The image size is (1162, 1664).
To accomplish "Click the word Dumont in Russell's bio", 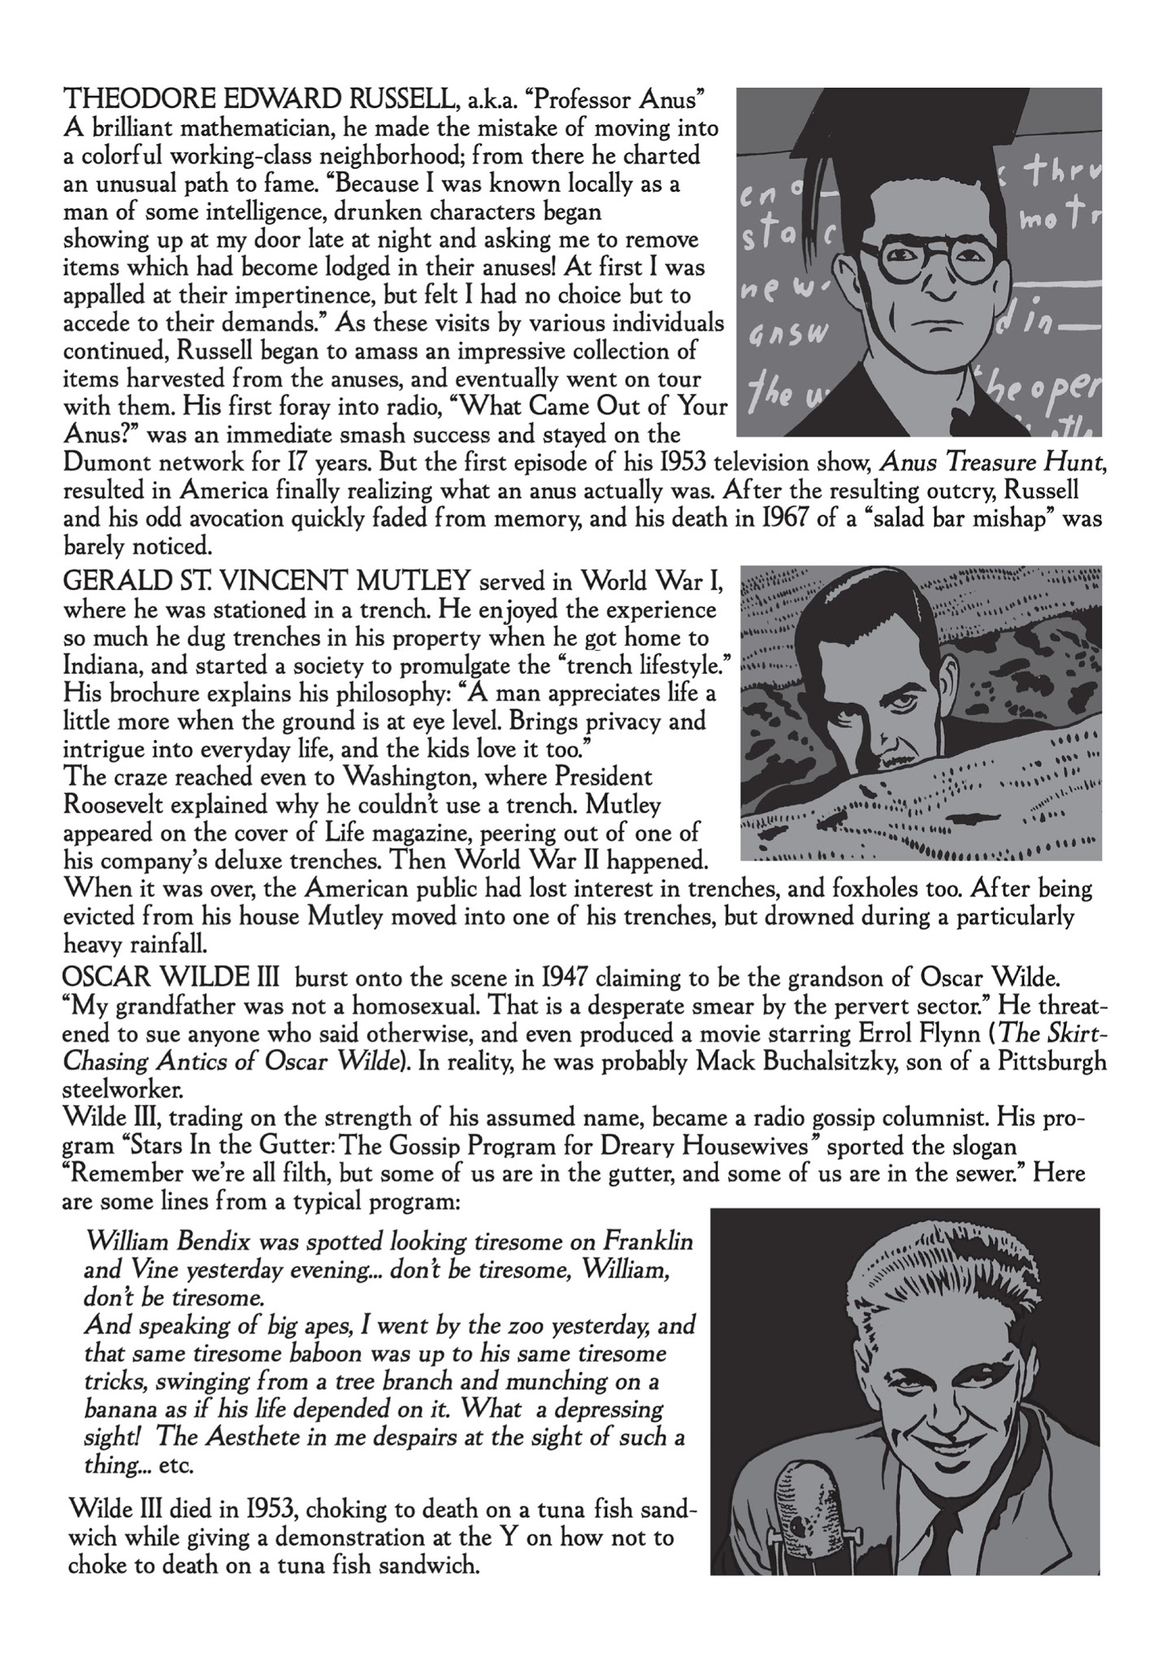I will (x=113, y=464).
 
